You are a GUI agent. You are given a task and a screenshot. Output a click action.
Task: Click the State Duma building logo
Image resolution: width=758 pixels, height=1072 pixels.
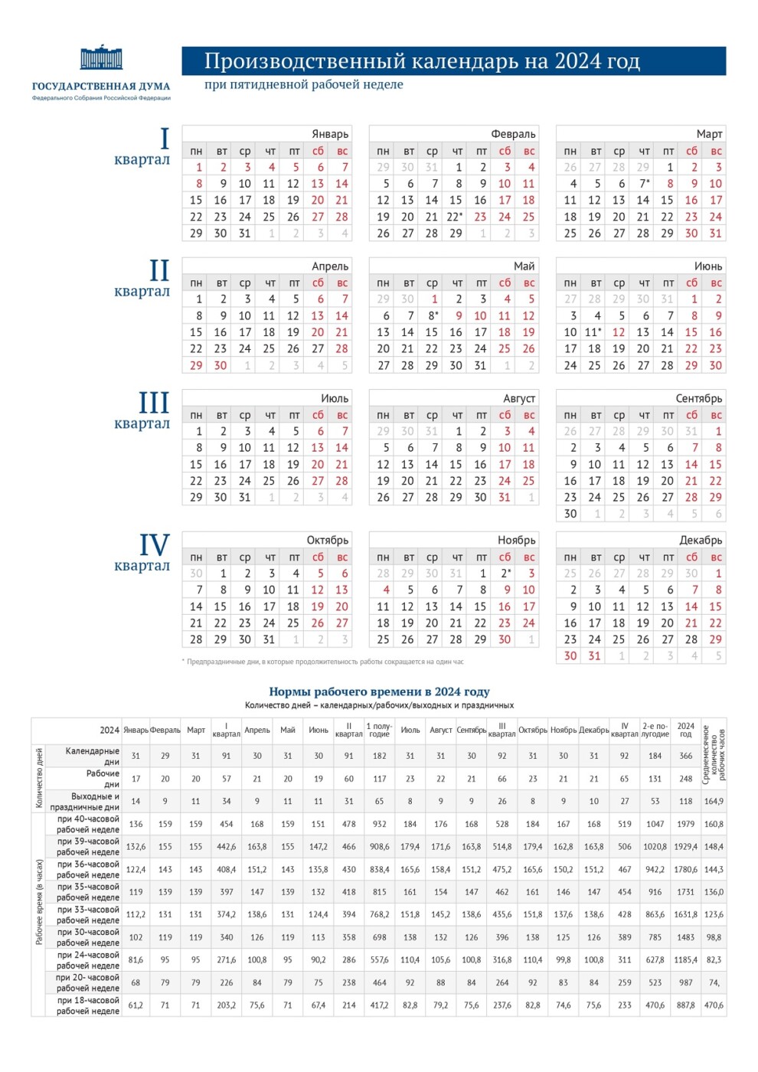click(101, 58)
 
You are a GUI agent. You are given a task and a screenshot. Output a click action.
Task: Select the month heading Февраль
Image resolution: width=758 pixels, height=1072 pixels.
click(513, 134)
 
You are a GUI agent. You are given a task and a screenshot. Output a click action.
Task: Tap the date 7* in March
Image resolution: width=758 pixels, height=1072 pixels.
click(645, 184)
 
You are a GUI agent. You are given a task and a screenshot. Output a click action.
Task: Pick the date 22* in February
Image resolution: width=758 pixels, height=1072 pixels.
click(456, 217)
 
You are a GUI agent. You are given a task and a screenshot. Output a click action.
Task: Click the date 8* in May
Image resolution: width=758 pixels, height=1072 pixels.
click(433, 316)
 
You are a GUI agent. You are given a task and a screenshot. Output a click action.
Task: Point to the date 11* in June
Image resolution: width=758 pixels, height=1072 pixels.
click(593, 332)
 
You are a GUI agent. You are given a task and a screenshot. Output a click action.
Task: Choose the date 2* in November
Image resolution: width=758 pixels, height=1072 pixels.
click(505, 574)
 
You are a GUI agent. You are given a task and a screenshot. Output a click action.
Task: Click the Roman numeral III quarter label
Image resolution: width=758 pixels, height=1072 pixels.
click(153, 404)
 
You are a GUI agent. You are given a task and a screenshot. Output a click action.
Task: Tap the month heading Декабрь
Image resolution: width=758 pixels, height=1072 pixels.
click(700, 541)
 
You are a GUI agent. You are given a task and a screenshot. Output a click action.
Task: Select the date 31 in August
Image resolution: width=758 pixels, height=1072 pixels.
click(504, 498)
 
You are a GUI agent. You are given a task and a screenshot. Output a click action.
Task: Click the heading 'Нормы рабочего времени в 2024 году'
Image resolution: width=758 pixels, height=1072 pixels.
click(379, 691)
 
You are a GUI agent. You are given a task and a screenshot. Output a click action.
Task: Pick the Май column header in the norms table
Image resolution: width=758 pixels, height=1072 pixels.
click(287, 730)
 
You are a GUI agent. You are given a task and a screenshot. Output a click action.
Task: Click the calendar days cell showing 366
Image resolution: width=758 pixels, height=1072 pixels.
click(685, 756)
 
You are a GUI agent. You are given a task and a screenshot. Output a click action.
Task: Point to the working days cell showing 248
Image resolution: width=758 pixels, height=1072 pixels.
click(685, 779)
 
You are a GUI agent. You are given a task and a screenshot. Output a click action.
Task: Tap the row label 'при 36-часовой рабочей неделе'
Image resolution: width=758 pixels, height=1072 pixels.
click(88, 869)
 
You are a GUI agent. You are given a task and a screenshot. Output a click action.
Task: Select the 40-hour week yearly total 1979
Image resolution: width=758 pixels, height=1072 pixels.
click(685, 825)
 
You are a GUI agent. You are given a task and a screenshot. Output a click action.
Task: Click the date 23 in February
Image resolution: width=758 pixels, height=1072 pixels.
click(480, 217)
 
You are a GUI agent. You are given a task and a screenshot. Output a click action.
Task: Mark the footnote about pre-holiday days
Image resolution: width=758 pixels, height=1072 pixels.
click(323, 662)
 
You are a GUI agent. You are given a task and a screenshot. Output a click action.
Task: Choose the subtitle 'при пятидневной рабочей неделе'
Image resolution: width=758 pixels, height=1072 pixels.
click(303, 85)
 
